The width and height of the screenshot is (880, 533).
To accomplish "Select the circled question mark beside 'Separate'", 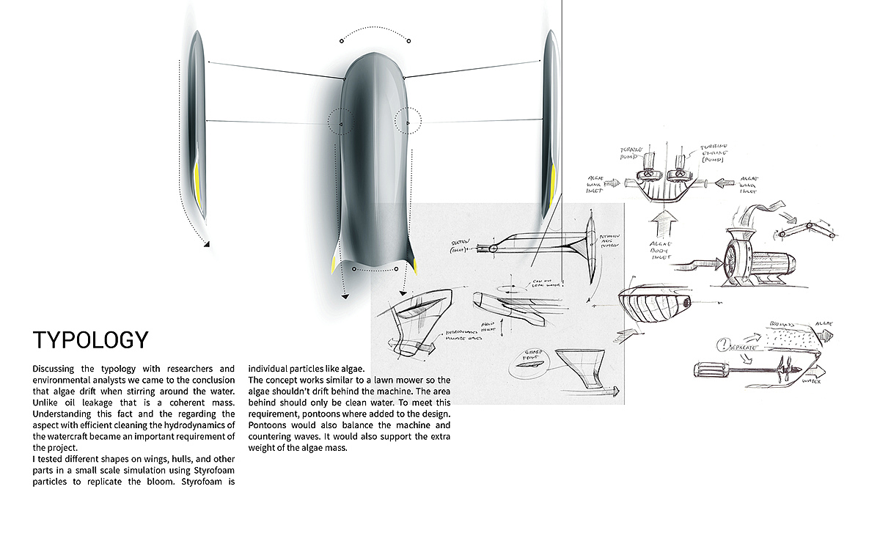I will [x=725, y=342].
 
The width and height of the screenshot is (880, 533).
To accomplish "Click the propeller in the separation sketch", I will [x=782, y=370].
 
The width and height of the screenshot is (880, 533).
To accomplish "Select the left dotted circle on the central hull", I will [x=340, y=121].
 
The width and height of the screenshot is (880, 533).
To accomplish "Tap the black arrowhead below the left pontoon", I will [x=208, y=245].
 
